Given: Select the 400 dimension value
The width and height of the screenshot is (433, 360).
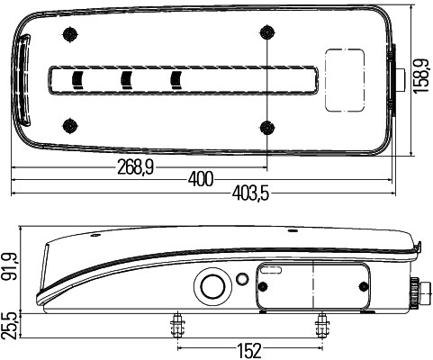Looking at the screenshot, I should tap(202, 178).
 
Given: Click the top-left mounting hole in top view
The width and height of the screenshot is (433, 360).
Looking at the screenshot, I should tap(69, 34).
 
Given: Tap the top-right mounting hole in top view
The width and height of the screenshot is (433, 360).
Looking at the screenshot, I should tap(266, 34).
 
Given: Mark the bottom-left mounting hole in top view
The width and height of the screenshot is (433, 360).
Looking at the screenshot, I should tap(69, 124).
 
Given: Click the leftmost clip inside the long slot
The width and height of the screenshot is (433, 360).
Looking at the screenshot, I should tap(77, 80).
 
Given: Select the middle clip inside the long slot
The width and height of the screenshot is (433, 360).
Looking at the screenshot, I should tap(127, 80).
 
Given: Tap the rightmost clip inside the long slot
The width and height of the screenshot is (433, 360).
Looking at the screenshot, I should tap(176, 80).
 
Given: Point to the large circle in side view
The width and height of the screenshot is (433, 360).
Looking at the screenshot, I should tap(213, 287).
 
